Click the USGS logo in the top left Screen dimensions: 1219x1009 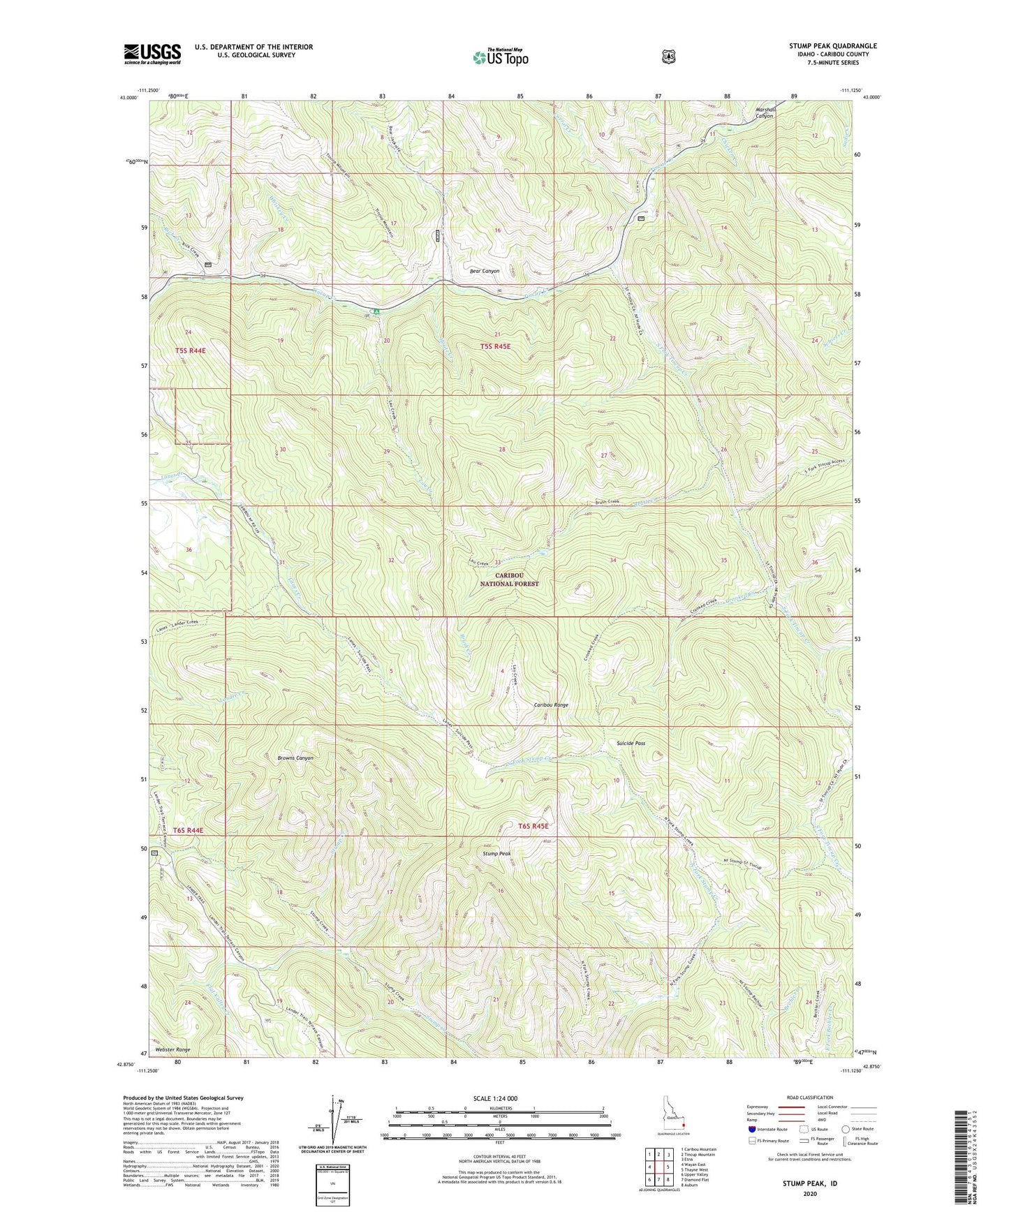pos(152,54)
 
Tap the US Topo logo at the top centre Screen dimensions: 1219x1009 pos(499,57)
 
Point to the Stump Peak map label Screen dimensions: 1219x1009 pos(496,854)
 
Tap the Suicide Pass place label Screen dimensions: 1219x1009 pos(631,744)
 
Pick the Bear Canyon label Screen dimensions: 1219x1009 pos(485,270)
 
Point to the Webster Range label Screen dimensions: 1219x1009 pos(172,1049)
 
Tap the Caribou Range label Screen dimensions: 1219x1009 pos(551,705)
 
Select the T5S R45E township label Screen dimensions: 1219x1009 pos(500,347)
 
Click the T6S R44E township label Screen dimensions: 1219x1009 pos(188,830)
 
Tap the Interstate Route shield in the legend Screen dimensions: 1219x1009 pos(751,1128)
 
